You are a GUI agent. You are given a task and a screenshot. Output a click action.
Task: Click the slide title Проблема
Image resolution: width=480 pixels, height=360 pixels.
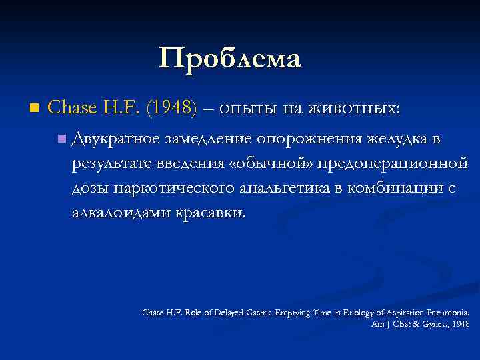(x=230, y=59)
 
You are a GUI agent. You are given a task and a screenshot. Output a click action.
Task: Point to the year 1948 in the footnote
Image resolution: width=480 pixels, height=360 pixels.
(x=460, y=324)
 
